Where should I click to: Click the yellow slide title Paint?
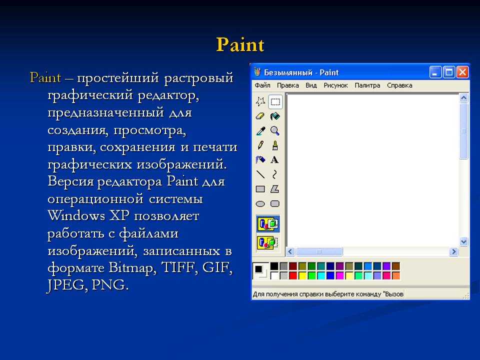click(x=240, y=44)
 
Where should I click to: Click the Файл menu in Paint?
click(x=262, y=85)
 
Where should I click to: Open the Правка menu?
click(x=288, y=85)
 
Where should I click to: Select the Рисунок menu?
click(x=336, y=85)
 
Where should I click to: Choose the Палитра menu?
click(x=367, y=85)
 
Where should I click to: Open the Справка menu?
click(x=399, y=85)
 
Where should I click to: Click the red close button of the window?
click(x=462, y=72)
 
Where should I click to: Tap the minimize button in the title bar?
click(x=435, y=72)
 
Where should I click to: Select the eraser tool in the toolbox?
click(x=260, y=116)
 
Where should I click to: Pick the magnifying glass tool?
click(x=275, y=131)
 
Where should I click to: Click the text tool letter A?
click(x=274, y=160)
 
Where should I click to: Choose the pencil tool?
click(x=260, y=145)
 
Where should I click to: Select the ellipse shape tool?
click(x=260, y=204)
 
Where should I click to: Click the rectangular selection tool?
click(x=275, y=101)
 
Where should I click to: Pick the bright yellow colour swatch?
click(x=302, y=276)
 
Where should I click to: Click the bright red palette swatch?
click(x=293, y=276)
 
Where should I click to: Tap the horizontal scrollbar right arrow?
click(x=453, y=251)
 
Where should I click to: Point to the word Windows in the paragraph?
click(x=76, y=215)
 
